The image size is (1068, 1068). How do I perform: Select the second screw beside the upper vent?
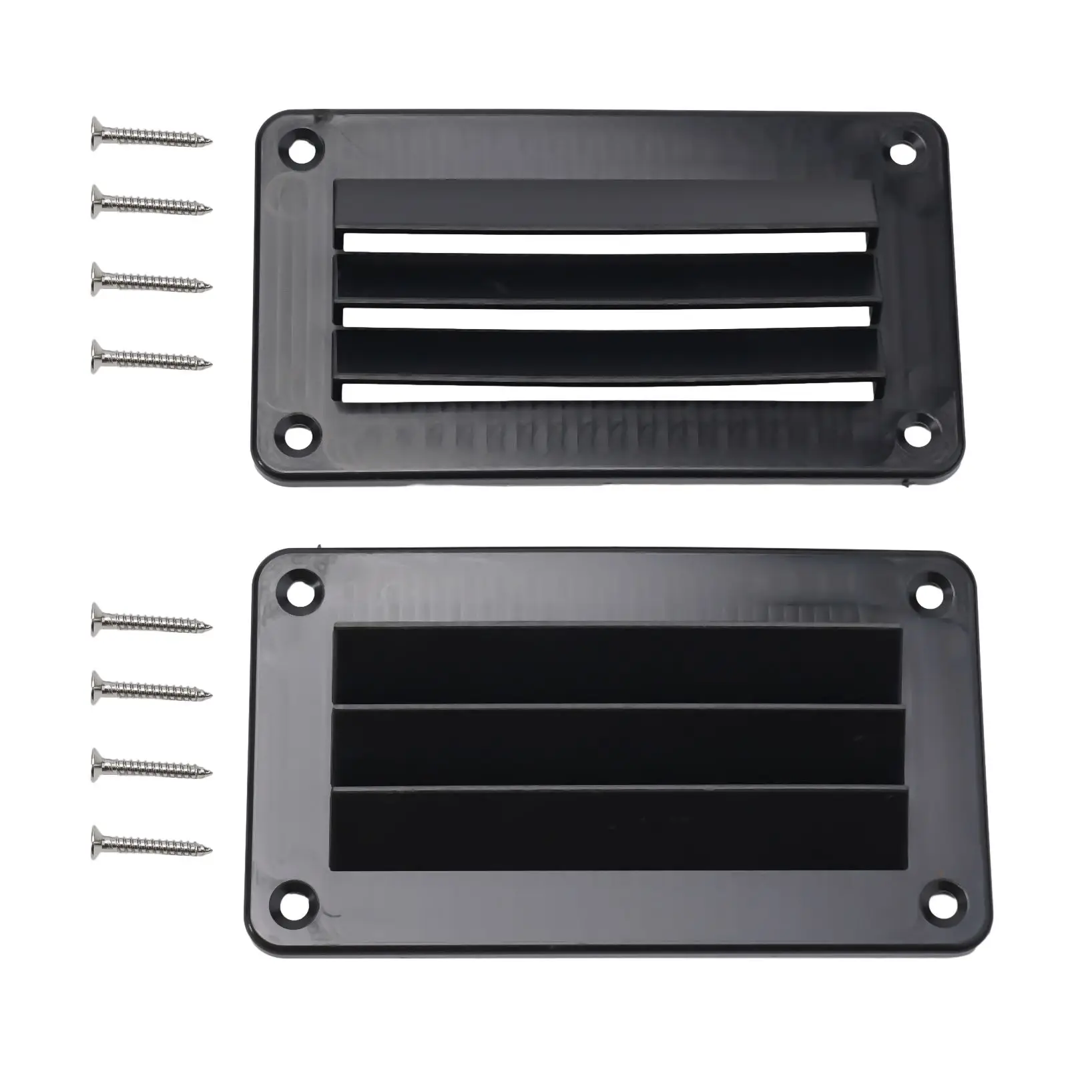coord(151,202)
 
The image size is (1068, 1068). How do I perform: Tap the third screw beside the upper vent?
coord(151,279)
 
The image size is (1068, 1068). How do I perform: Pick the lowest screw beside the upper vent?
coord(151,356)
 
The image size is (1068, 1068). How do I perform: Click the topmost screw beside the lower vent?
coord(151,619)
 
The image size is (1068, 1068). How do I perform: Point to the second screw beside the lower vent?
coord(151,688)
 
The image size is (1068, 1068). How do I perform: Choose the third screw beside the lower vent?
coord(151,765)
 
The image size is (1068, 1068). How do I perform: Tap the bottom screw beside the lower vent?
coord(151,842)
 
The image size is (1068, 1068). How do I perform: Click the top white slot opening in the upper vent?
coord(604,241)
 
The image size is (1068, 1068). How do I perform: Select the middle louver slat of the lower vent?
coord(617,746)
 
